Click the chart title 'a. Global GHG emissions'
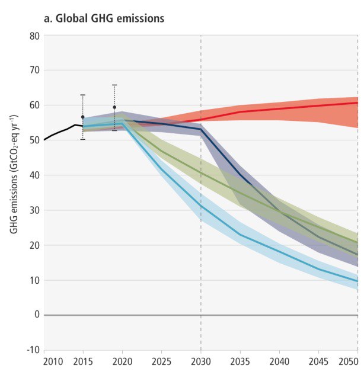coord(104,19)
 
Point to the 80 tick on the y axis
coord(34,36)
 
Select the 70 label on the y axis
coord(34,70)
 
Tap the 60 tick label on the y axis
coord(34,105)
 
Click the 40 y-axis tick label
coord(34,175)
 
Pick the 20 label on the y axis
coord(34,245)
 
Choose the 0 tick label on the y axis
coord(37,315)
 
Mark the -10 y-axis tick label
coord(33,350)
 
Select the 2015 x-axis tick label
coord(84,361)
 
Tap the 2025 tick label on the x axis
coord(161,361)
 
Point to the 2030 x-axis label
coord(201,361)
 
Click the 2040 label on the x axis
coord(279,361)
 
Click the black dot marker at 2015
coord(83,117)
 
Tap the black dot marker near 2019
coord(114,107)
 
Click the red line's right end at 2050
coord(357,102)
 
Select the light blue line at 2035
coord(240,235)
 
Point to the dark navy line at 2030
coord(201,129)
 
